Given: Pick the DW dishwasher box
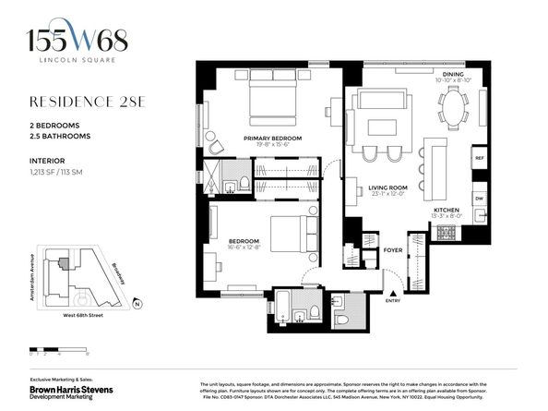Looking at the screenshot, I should pyautogui.click(x=479, y=199).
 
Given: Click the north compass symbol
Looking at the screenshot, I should pyautogui.click(x=136, y=303).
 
